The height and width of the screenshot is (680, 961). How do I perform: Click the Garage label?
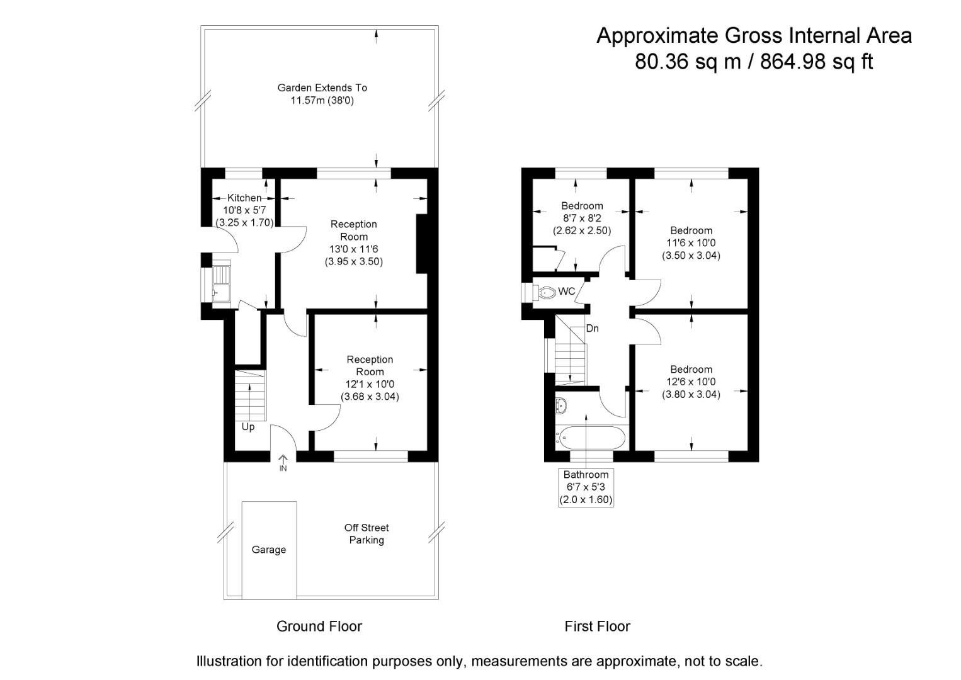[268, 550]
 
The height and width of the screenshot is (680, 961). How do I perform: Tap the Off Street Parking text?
[367, 534]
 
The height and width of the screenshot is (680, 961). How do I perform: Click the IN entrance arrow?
[283, 464]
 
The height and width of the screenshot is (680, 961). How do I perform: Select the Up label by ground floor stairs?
[248, 427]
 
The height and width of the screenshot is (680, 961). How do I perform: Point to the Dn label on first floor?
[592, 329]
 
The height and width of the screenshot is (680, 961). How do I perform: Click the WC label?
[567, 292]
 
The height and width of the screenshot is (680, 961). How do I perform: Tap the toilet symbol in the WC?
[547, 292]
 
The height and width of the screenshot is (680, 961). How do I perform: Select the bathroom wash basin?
[562, 405]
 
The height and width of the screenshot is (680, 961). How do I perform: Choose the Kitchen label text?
[244, 198]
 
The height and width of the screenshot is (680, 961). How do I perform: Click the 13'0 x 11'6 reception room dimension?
[354, 249]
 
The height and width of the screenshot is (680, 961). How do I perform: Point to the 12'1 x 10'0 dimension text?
[370, 384]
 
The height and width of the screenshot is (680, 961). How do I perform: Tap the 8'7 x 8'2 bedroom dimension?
[582, 218]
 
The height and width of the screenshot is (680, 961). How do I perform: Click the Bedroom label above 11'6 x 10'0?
[691, 230]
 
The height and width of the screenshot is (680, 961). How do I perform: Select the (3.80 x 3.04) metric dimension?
[691, 394]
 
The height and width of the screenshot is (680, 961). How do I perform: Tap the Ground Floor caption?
[319, 626]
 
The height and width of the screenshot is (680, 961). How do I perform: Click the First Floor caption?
[597, 626]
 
